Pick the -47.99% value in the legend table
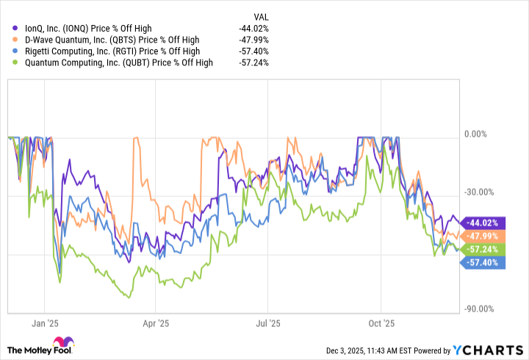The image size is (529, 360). click(253, 39)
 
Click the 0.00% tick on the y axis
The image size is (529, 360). click(478, 134)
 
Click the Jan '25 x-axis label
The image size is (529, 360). click(45, 323)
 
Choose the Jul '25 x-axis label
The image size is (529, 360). click(268, 323)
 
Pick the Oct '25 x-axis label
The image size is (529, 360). click(381, 323)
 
